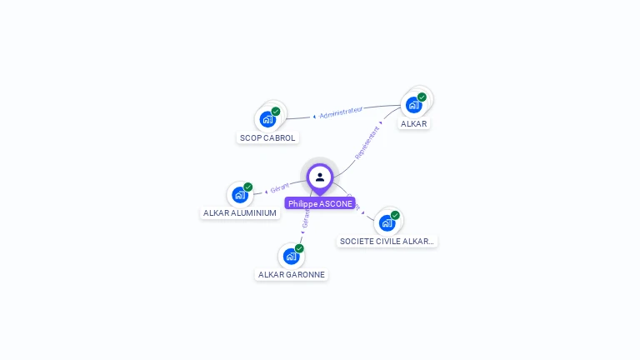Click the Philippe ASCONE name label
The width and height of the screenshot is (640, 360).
point(320,203)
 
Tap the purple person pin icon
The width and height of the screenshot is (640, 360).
point(320,177)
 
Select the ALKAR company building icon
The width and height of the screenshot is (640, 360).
point(413,105)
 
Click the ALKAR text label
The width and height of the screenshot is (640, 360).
point(413,124)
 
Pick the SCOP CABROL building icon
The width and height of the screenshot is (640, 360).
point(267,118)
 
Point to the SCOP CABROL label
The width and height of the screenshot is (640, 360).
point(267,137)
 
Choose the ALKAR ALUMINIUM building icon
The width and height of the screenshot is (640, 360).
point(240,195)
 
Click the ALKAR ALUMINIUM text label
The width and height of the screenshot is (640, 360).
point(240,213)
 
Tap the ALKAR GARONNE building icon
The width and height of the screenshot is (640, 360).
point(291,256)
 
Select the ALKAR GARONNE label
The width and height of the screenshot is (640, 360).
point(292,274)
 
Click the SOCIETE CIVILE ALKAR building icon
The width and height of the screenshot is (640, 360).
point(387,222)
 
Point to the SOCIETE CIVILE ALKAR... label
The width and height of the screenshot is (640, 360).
point(387,241)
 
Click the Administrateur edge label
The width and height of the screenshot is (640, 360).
point(341,112)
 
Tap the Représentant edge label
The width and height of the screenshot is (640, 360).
point(367,142)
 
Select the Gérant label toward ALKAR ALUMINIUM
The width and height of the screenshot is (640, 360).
point(279,188)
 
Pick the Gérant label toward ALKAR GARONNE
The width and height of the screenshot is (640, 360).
point(306,218)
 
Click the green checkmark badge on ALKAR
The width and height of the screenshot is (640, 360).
point(422,97)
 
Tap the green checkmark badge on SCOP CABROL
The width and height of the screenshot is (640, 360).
point(276,111)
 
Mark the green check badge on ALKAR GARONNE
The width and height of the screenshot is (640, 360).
point(299,248)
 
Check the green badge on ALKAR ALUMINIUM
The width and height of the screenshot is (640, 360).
point(248,187)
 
